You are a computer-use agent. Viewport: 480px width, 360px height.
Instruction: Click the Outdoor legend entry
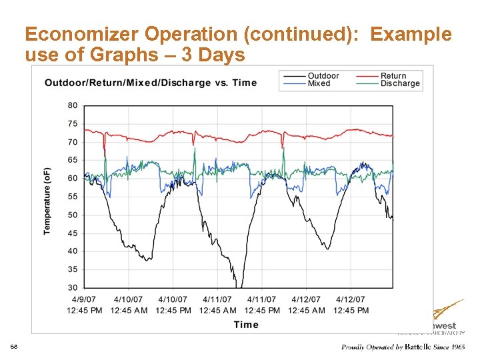click(x=323, y=76)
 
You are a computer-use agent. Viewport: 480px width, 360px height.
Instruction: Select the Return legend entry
click(x=393, y=76)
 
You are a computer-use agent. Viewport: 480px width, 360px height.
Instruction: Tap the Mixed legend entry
click(x=319, y=83)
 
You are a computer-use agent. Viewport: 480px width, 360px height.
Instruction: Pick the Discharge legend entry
click(x=400, y=83)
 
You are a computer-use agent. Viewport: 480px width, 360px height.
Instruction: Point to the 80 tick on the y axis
click(x=72, y=105)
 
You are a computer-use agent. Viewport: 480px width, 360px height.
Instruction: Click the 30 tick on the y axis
click(x=72, y=288)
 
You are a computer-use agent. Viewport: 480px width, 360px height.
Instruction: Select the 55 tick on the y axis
click(x=72, y=197)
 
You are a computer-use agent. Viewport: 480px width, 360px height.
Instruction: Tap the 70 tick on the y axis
click(x=72, y=142)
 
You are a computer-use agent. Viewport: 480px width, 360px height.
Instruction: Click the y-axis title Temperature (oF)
click(x=47, y=200)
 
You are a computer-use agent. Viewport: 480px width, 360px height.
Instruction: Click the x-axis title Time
click(x=246, y=325)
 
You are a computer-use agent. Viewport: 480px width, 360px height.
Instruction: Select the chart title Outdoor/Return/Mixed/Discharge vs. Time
click(x=151, y=83)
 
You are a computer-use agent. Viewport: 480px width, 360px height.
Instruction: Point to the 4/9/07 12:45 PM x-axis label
click(x=85, y=305)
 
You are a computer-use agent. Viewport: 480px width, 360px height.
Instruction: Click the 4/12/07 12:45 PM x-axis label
click(x=351, y=305)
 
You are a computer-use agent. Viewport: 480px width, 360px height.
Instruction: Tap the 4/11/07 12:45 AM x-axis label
click(x=217, y=305)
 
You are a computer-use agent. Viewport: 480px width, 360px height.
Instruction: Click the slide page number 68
click(x=14, y=347)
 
